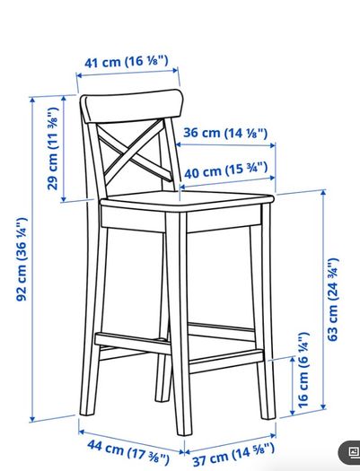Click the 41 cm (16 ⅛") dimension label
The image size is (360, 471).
coord(127,62)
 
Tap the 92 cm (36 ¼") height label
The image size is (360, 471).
coord(22,259)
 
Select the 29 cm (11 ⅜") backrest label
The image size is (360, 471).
coord(53,149)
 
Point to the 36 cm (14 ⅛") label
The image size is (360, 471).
coord(225,133)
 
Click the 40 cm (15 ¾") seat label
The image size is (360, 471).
coord(225,170)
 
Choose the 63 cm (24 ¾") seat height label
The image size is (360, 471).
coord(333,300)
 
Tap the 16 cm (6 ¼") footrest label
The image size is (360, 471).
coord(303,370)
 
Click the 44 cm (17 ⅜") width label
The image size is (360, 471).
coord(128,452)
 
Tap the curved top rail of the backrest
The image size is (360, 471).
coord(132,106)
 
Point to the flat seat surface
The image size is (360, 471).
coord(187,198)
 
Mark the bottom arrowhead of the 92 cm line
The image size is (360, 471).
coord(32,419)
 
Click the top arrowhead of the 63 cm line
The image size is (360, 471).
coord(323,192)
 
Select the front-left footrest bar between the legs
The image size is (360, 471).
coord(133,343)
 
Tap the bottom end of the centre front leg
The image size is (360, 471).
coord(184,432)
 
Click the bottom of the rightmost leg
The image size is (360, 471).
coord(268,416)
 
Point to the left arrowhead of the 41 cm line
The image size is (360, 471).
coord(79,75)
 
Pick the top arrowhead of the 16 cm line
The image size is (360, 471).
coord(293,359)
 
